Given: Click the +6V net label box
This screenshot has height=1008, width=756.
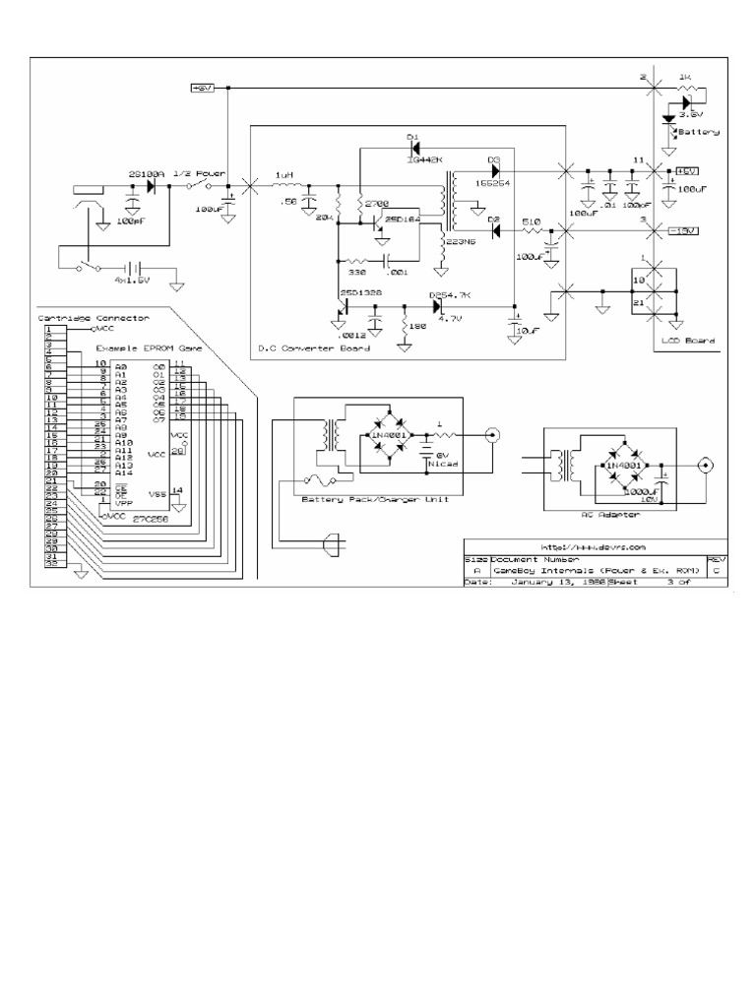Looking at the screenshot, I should [202, 89].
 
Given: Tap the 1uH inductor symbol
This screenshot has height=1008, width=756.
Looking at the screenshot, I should [284, 184].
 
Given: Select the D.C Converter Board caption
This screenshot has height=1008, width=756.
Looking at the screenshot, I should [313, 348].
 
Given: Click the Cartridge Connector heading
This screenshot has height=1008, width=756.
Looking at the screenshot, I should [94, 318].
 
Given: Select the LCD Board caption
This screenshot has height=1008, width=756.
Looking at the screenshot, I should [689, 342].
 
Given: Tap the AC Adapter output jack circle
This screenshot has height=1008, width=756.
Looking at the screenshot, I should [705, 465].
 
